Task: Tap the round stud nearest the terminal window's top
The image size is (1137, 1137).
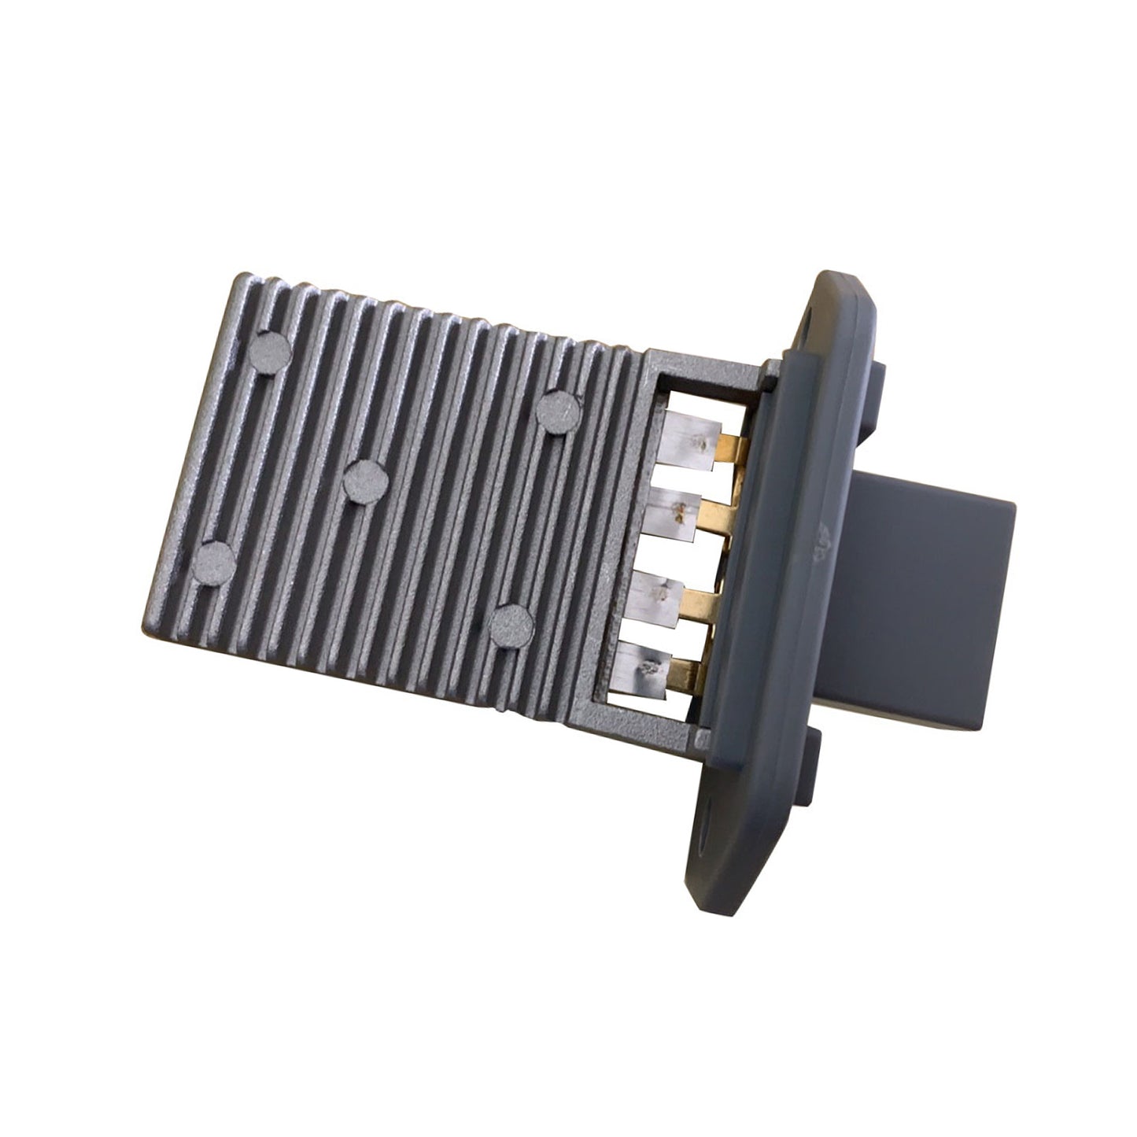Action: click(558, 410)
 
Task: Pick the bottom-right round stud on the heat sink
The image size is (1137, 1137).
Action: click(510, 625)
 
